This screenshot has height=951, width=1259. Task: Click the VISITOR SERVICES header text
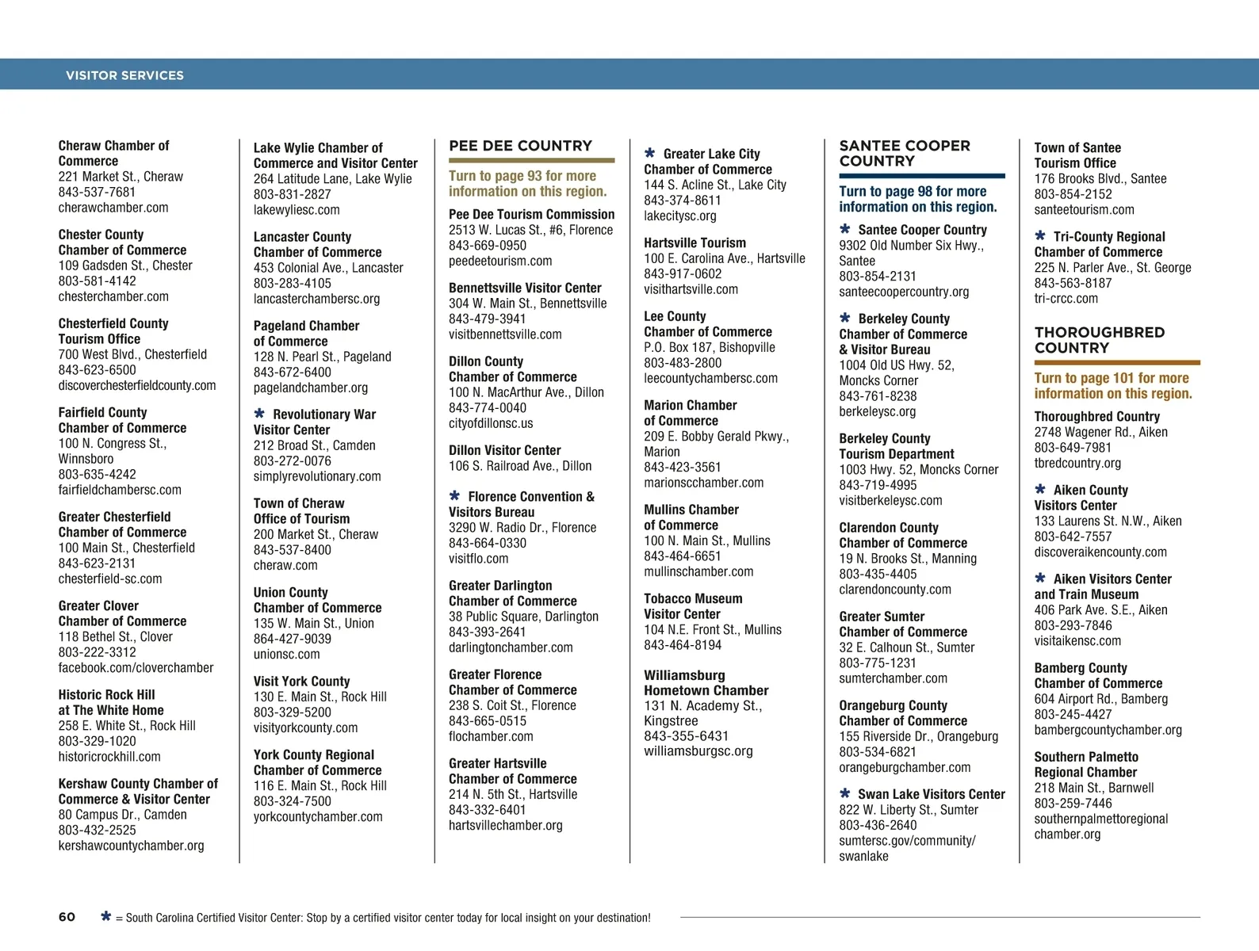point(124,75)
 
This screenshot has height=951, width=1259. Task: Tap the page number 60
point(67,917)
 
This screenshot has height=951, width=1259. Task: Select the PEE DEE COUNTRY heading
point(520,146)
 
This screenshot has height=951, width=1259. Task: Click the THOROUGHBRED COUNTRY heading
point(1099,340)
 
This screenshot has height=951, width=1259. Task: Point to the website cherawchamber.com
point(113,208)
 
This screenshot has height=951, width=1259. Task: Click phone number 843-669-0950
point(487,246)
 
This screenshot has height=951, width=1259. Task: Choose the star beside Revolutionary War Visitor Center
point(259,414)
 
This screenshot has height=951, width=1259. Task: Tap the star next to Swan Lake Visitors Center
point(845,793)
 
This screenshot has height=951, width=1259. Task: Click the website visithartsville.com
point(691,289)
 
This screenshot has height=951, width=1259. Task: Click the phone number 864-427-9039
point(292,639)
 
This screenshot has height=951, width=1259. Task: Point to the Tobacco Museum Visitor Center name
point(692,606)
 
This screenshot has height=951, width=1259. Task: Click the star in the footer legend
point(105,917)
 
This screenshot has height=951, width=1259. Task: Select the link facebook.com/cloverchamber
point(136,668)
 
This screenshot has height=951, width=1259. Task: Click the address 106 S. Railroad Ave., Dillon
point(519,466)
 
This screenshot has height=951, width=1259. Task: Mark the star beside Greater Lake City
point(650,153)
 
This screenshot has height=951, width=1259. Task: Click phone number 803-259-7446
point(1073,804)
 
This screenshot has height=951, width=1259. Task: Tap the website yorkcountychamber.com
point(317,817)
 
